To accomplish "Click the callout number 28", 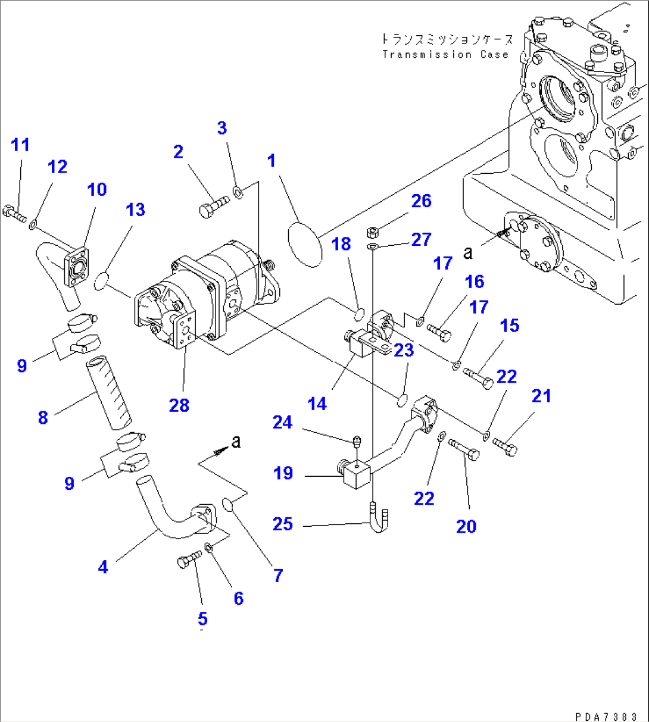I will coord(179,405).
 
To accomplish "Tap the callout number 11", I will coord(20,145).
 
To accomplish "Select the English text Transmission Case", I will coord(445,55).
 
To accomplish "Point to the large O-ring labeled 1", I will coord(305,243).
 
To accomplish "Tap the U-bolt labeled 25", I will coord(379,517).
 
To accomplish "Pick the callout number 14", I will coord(317,404).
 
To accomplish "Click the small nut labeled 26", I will coord(370,230).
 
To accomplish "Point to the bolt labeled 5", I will coord(190,560).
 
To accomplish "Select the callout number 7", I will coord(278,575).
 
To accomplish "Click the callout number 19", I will coord(283,473).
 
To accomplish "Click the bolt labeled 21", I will coord(505,446).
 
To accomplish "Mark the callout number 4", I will coord(103,567).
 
